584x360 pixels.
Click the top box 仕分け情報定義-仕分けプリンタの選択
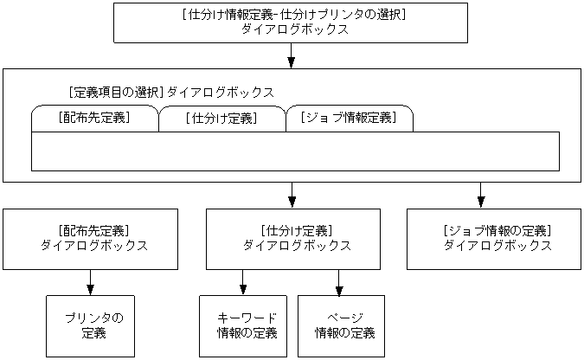click(291, 22)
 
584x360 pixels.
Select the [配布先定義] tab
click(95, 118)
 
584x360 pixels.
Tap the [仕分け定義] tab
click(221, 119)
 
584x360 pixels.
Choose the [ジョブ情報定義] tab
click(348, 118)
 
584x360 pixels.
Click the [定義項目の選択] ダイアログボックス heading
click(170, 91)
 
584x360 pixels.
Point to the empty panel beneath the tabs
click(295, 151)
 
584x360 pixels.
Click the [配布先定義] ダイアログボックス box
click(90, 238)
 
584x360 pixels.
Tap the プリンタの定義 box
click(90, 325)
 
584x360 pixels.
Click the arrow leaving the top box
click(292, 55)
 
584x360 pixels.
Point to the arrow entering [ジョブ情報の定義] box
click(480, 196)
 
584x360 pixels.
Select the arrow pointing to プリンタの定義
click(90, 282)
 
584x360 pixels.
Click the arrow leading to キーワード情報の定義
click(242, 282)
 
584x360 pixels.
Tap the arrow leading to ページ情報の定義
click(338, 282)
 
